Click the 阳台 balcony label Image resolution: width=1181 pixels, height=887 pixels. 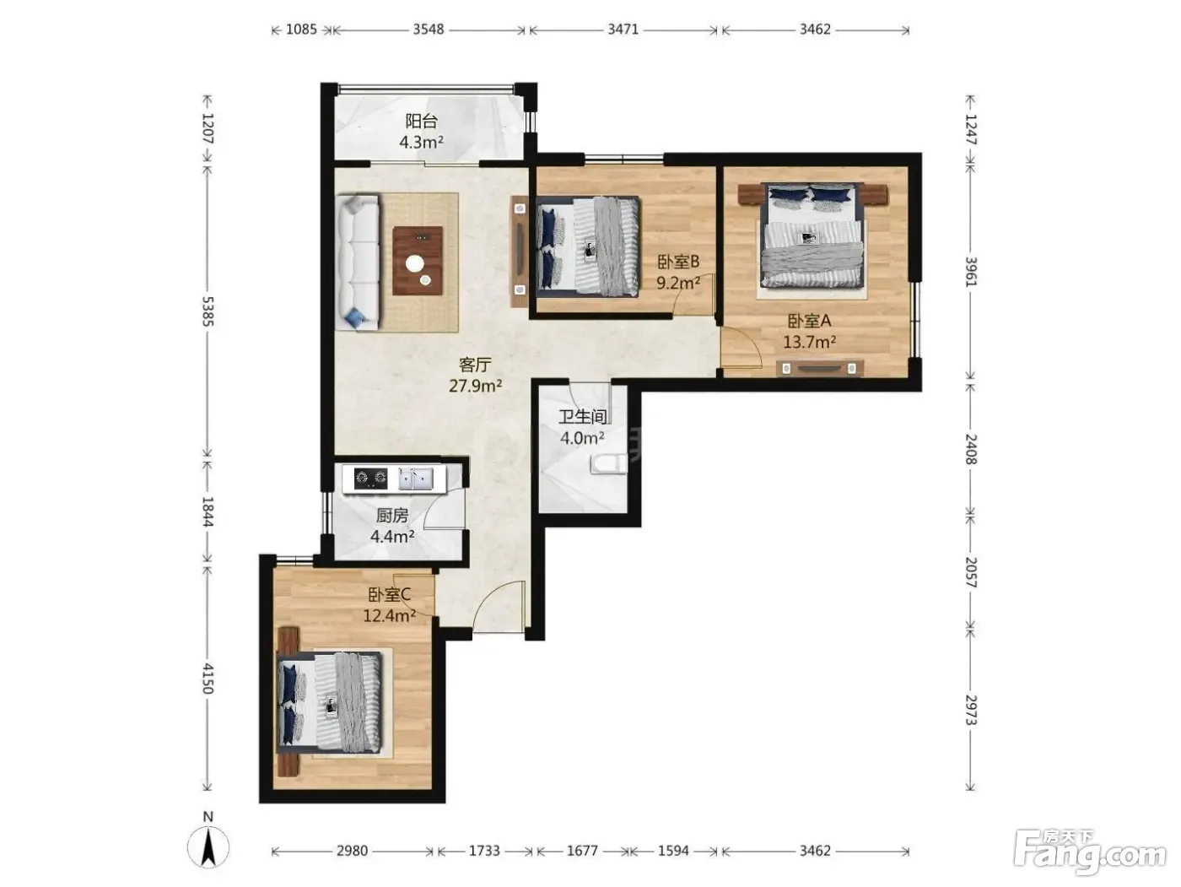(x=421, y=121)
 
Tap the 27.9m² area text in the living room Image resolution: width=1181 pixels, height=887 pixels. (x=476, y=386)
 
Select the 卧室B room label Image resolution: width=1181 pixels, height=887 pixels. (x=678, y=262)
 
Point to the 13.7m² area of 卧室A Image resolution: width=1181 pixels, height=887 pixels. (x=809, y=342)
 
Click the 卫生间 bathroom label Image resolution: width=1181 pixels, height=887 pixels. (x=583, y=417)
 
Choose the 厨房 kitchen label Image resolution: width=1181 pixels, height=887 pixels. (x=391, y=516)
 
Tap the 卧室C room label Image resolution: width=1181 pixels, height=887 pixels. (x=390, y=595)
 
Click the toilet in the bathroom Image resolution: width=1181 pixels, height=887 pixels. (x=609, y=463)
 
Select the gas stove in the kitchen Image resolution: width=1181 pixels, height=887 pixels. (x=370, y=477)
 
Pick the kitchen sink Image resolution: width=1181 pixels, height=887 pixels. (x=415, y=478)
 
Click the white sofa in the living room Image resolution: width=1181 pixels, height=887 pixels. (x=359, y=262)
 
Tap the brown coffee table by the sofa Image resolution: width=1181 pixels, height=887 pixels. (x=418, y=261)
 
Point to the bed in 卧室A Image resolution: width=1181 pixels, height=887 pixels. (x=812, y=235)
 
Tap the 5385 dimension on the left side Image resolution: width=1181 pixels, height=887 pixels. (x=208, y=311)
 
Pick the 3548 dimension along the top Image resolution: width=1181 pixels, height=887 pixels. (x=429, y=29)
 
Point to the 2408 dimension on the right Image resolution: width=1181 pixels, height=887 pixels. (x=972, y=449)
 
